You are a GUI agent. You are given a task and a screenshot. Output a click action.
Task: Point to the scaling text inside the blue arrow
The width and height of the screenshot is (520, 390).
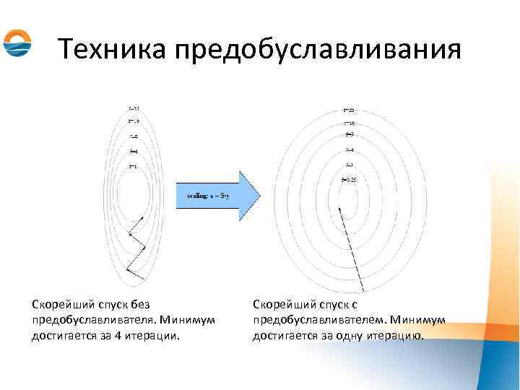point(207,195)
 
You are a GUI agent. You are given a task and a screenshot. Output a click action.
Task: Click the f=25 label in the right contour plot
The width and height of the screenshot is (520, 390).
point(349,110)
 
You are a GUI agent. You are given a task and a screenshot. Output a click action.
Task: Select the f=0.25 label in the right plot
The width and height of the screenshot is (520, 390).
point(350,178)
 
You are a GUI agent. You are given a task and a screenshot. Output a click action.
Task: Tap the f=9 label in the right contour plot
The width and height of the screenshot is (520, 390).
point(350,135)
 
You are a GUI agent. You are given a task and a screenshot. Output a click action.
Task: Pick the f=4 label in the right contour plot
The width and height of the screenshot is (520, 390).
point(350,150)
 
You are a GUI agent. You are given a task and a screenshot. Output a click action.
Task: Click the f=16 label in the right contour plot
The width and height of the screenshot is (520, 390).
point(349,123)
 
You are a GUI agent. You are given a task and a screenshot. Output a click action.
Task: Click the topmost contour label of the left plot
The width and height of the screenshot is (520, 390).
point(134,108)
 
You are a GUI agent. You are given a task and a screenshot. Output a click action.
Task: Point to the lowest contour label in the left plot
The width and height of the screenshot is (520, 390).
point(133,167)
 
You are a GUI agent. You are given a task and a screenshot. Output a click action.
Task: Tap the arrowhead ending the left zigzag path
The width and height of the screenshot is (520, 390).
point(142,217)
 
